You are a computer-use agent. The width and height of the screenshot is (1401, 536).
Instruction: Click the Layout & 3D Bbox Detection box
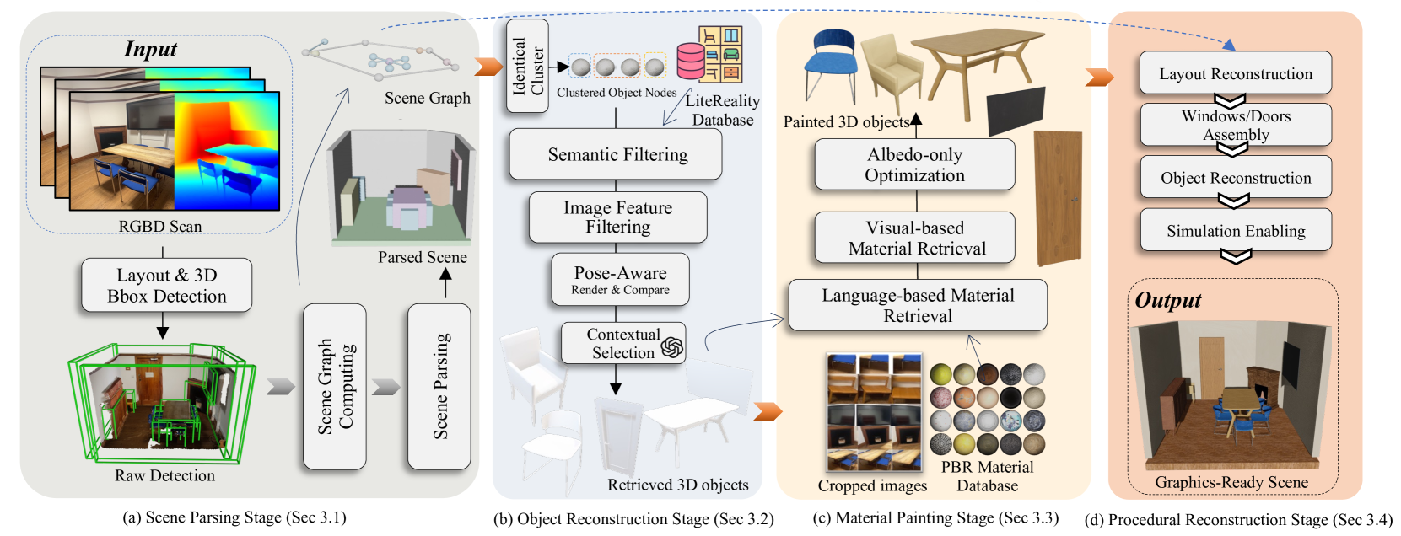(x=166, y=285)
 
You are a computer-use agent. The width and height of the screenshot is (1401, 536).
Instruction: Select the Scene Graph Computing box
(x=335, y=386)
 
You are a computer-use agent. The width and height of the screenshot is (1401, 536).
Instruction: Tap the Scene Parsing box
(x=439, y=386)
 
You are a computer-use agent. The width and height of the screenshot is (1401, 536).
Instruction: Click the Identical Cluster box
(x=528, y=67)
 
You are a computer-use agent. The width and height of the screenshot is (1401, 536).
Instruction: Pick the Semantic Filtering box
(x=616, y=154)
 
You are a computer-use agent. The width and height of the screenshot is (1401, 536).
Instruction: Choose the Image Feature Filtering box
(x=617, y=217)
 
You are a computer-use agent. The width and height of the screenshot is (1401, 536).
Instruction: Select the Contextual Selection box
(x=623, y=343)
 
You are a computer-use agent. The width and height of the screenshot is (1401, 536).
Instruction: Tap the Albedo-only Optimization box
(x=914, y=164)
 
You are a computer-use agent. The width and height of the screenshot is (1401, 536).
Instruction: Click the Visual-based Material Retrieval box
(x=915, y=238)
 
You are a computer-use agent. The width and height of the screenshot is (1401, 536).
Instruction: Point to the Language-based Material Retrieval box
(x=918, y=305)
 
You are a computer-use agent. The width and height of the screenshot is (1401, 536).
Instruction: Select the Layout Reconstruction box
(x=1236, y=73)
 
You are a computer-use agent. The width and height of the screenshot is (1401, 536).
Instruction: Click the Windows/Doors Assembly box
(x=1236, y=125)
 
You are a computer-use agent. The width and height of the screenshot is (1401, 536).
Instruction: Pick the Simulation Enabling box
(x=1236, y=230)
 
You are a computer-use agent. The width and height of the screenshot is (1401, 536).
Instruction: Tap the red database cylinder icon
(x=691, y=62)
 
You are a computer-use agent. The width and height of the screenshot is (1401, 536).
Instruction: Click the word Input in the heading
(x=150, y=49)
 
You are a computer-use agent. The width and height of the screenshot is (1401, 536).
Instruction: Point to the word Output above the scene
(x=1167, y=300)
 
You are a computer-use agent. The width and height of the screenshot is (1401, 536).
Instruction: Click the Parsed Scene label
(x=422, y=257)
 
